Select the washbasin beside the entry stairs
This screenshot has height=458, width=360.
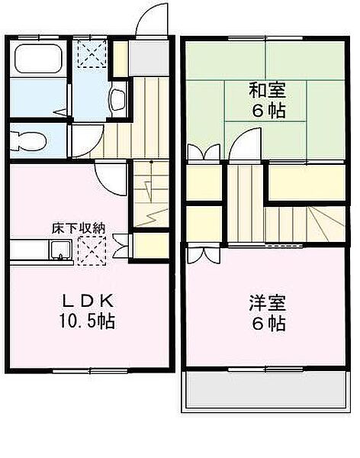118,98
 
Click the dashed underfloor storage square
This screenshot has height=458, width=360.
92,249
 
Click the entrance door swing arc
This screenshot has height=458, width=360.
150,18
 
